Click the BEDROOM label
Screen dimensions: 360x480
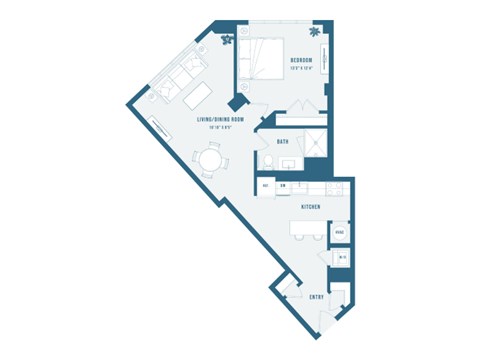pos(302,60)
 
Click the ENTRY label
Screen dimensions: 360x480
pos(316,297)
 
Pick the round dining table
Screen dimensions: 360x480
pos(210,159)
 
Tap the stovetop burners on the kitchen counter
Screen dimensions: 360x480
pos(314,186)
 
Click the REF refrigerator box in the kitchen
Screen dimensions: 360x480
pos(266,186)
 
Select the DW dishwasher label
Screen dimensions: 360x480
pos(284,186)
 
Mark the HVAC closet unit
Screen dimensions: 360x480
pos(341,232)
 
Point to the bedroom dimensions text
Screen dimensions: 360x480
pos(302,68)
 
